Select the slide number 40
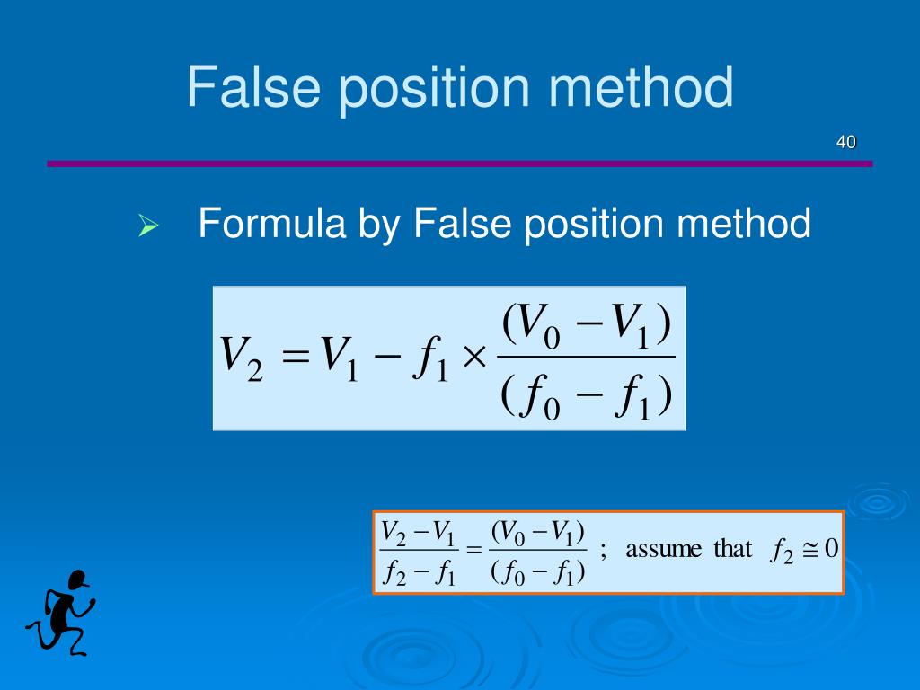[x=845, y=142]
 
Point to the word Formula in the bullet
[x=272, y=224]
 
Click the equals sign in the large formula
[x=295, y=358]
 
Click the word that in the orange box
[x=732, y=549]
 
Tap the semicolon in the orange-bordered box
[x=604, y=551]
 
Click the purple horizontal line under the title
[x=459, y=164]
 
